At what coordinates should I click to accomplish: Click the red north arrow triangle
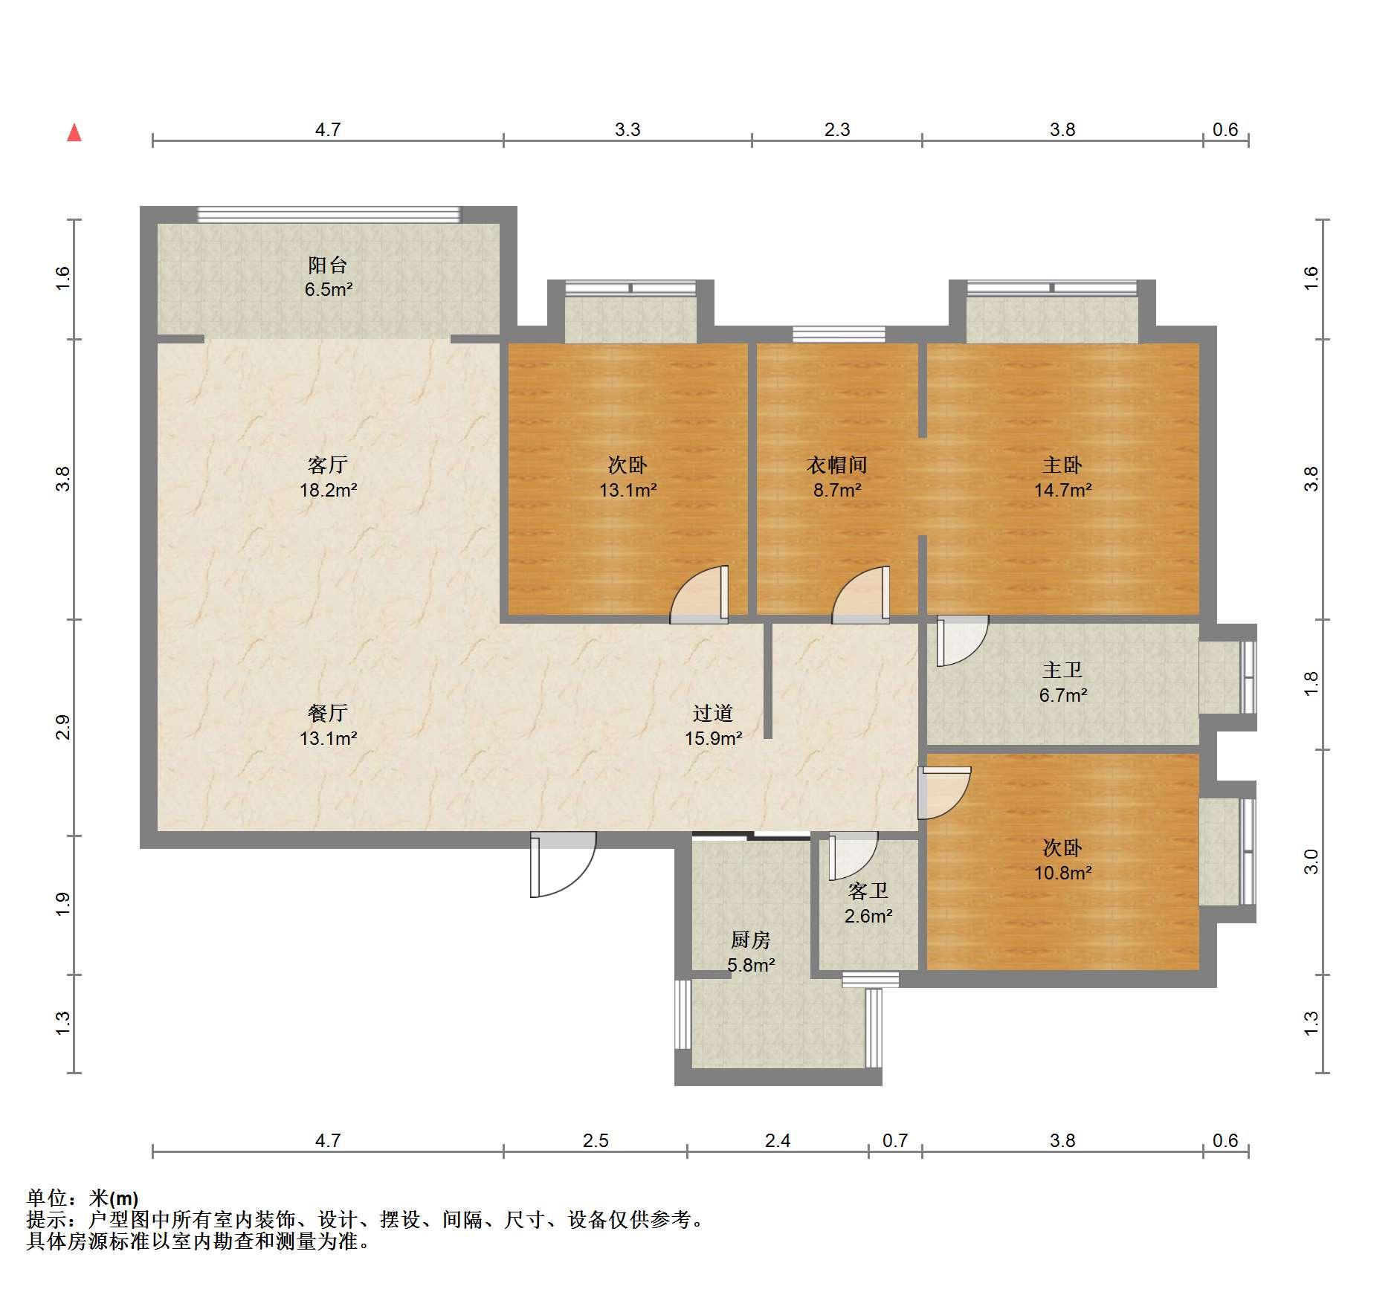point(74,132)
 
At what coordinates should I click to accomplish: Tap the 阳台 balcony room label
point(328,265)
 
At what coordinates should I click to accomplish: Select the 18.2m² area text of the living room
point(329,490)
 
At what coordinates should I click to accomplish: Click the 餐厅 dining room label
point(328,713)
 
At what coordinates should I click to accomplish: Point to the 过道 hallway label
point(713,713)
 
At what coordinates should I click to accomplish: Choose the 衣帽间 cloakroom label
point(837,465)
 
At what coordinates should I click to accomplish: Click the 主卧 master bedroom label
point(1062,465)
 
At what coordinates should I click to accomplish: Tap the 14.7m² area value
point(1063,490)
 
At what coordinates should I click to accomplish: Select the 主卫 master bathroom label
point(1062,670)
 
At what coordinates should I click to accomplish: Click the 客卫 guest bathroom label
point(868,891)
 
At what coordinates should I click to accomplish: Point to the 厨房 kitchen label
point(750,940)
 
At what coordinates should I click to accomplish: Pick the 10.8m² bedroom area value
point(1063,873)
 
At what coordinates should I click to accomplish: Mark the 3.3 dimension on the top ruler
point(627,130)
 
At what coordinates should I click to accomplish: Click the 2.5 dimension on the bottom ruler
point(596,1140)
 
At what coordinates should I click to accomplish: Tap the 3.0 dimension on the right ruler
point(1311,862)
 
